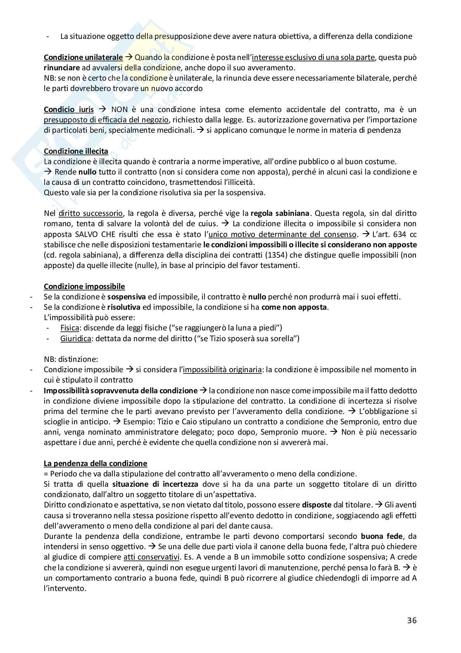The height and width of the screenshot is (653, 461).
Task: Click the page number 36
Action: click(x=411, y=620)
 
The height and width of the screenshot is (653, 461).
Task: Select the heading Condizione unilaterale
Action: click(x=83, y=57)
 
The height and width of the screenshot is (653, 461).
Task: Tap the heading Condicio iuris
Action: click(x=69, y=110)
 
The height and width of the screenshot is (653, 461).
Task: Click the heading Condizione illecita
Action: click(x=76, y=151)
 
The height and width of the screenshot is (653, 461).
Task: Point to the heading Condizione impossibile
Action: click(x=84, y=286)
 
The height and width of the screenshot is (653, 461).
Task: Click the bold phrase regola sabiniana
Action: click(x=280, y=213)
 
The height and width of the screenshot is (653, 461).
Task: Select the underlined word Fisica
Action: click(x=69, y=328)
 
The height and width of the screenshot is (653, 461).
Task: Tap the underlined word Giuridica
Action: click(x=74, y=339)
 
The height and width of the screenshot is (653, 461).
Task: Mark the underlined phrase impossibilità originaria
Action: click(x=222, y=369)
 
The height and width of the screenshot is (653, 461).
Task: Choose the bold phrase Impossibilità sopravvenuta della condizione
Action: click(x=121, y=390)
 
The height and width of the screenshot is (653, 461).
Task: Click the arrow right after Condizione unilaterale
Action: click(x=128, y=57)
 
